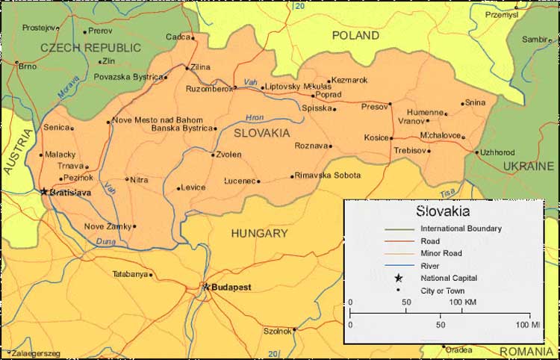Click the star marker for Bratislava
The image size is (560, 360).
pyautogui.click(x=43, y=191)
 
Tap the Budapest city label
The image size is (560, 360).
pyautogui.click(x=230, y=287)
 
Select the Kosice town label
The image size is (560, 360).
pyautogui.click(x=376, y=137)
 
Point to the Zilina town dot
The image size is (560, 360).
pyautogui.click(x=187, y=67)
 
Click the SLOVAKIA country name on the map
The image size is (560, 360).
pyautogui.click(x=261, y=133)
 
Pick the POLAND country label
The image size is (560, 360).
pyautogui.click(x=355, y=35)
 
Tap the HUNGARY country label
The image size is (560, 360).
pyautogui.click(x=259, y=233)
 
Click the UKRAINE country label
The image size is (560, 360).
pyautogui.click(x=528, y=166)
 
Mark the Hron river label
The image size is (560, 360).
pyautogui.click(x=255, y=117)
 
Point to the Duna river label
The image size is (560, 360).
pyautogui.click(x=105, y=241)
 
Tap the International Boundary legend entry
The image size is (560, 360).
pyautogui.click(x=461, y=229)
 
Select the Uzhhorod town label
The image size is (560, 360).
pyautogui.click(x=497, y=152)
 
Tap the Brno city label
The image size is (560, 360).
pyautogui.click(x=27, y=66)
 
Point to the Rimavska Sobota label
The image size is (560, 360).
pyautogui.click(x=327, y=176)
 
